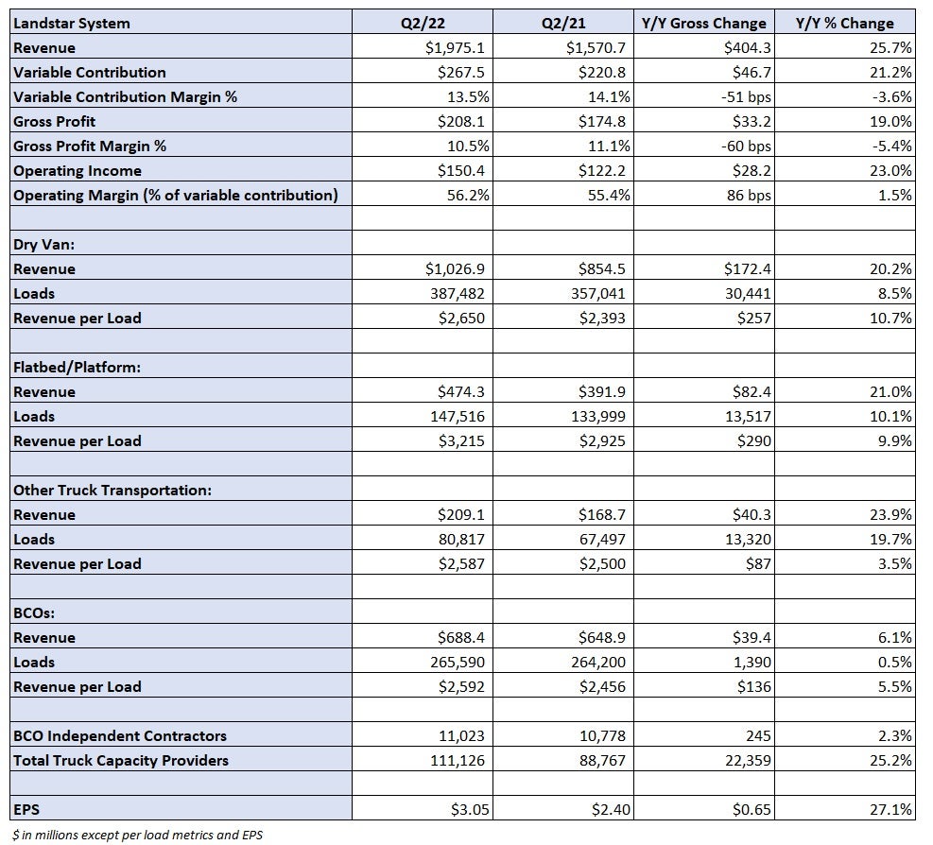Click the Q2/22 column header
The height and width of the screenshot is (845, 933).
pos(423,24)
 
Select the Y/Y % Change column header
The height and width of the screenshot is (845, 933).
pos(844,24)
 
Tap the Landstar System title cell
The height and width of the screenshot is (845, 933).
pos(72,24)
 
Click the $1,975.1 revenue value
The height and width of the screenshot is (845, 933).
pos(455,47)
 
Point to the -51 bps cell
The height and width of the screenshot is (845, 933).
pos(746,97)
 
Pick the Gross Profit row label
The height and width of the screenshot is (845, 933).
pos(54,121)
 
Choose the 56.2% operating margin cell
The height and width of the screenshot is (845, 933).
pos(468,196)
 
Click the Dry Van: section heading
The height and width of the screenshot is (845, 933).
pos(44,245)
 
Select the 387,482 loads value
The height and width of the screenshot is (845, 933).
pos(457,293)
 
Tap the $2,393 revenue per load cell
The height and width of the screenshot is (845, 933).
pos(602,318)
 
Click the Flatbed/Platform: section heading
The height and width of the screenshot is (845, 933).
pos(77,367)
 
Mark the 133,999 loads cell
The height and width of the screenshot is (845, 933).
pos(598,417)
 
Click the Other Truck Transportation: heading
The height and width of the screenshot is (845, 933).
pos(112,491)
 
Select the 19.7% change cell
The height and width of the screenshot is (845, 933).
pos(890,539)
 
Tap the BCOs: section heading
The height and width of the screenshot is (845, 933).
pos(34,612)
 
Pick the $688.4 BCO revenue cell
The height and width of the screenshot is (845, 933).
pos(461,637)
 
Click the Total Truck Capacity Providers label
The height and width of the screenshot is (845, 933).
pos(121,761)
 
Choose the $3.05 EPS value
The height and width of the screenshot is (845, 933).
pos(470,809)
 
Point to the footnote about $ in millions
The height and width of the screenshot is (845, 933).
pos(137,835)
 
